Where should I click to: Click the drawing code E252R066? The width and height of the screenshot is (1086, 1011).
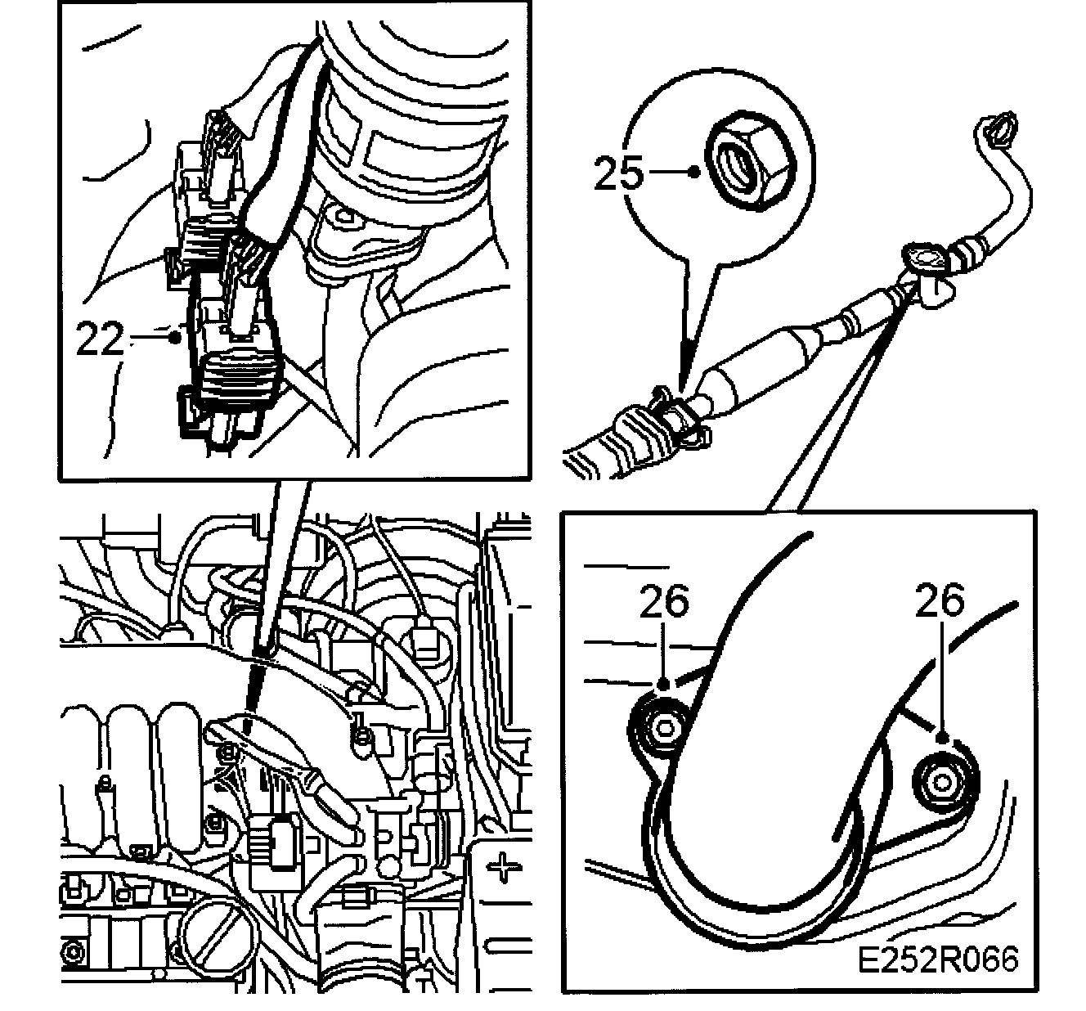coord(938,958)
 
